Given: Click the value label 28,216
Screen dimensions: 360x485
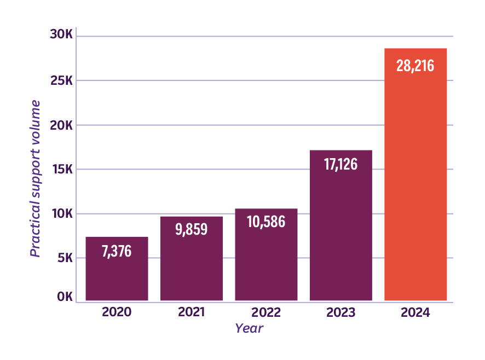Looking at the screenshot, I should click(x=415, y=66).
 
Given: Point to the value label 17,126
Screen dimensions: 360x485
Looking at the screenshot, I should click(x=340, y=164).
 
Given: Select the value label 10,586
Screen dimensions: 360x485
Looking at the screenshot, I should click(x=266, y=222).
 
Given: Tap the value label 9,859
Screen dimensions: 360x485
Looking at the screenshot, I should click(x=192, y=229).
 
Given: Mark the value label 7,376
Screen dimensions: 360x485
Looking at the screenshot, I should click(x=117, y=252).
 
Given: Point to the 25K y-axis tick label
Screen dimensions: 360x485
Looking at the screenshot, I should click(x=61, y=80).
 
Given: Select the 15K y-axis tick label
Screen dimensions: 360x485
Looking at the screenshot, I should click(x=61, y=169).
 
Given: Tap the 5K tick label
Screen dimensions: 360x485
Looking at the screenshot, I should click(x=64, y=258).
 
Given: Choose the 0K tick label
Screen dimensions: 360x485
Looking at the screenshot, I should click(x=64, y=297).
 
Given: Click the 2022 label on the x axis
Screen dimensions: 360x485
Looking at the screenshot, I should click(x=266, y=313).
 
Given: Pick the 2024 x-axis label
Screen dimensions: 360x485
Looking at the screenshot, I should click(x=415, y=313).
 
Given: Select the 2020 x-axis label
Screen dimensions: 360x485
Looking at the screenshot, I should click(x=117, y=313).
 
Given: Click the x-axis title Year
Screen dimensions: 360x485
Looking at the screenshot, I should click(x=249, y=328).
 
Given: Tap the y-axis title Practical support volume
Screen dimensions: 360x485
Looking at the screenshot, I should click(x=35, y=178).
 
